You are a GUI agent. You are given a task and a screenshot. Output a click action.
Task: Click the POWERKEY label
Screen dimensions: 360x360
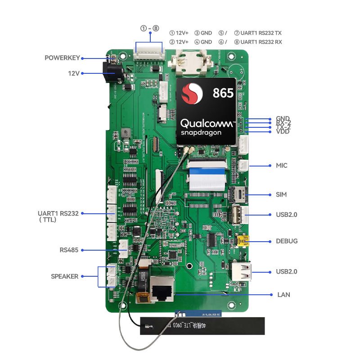pos(62,58)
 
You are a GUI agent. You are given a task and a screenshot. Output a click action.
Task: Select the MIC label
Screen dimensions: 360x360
pos(281,166)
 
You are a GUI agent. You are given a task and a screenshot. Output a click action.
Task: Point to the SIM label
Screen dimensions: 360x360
pos(281,194)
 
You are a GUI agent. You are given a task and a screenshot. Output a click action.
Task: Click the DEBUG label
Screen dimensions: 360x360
pos(287,241)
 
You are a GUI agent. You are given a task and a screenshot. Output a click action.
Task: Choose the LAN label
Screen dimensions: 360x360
pos(284,295)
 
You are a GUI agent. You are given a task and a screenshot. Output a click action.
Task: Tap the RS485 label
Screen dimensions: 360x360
pos(68,250)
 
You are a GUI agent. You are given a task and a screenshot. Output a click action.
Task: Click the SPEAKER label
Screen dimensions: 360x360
pos(64,276)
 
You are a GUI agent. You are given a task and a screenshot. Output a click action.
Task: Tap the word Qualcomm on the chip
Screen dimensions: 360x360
pos(207,123)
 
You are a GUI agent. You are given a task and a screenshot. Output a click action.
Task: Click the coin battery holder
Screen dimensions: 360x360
pos(189,62)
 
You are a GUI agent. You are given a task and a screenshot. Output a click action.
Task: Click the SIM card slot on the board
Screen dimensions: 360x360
pos(238,194)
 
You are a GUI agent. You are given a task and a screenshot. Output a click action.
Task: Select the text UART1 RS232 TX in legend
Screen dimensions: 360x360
pos(261,33)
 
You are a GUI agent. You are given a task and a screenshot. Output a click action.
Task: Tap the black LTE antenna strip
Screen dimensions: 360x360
pos(202,325)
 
